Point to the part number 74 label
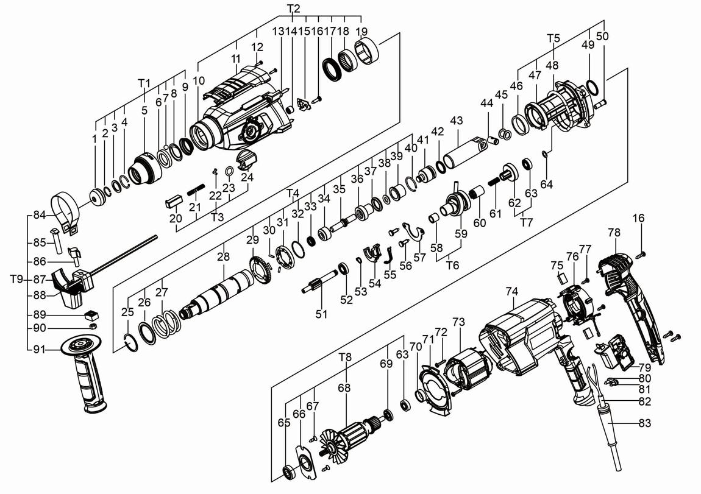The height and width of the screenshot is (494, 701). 511,291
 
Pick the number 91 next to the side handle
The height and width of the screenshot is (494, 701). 40,350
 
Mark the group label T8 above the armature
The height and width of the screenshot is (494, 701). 345,357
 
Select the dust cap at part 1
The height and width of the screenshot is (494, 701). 96,199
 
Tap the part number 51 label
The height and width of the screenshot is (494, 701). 321,314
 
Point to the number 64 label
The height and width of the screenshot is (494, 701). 546,184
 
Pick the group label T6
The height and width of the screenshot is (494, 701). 452,265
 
